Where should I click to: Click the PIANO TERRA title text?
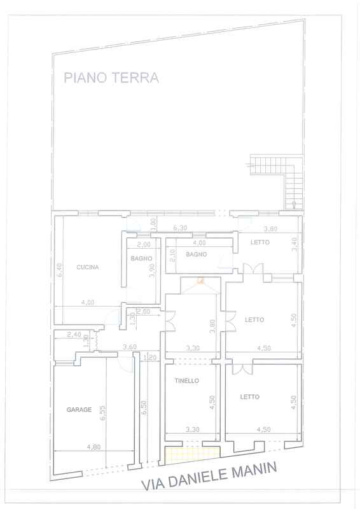111,78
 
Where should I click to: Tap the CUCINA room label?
88,267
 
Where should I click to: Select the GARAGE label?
79,410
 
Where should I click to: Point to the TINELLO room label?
186,380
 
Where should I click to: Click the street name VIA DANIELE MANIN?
209,476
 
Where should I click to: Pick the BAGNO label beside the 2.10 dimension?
196,254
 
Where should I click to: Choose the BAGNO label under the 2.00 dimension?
142,258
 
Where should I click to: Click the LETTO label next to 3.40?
260,242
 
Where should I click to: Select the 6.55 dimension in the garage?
103,412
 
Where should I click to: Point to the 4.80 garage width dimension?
93,447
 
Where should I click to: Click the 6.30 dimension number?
180,228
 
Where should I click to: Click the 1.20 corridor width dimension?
150,358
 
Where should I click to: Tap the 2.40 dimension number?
74,335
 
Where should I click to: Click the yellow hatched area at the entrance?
191,455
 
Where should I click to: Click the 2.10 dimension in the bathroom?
172,256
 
